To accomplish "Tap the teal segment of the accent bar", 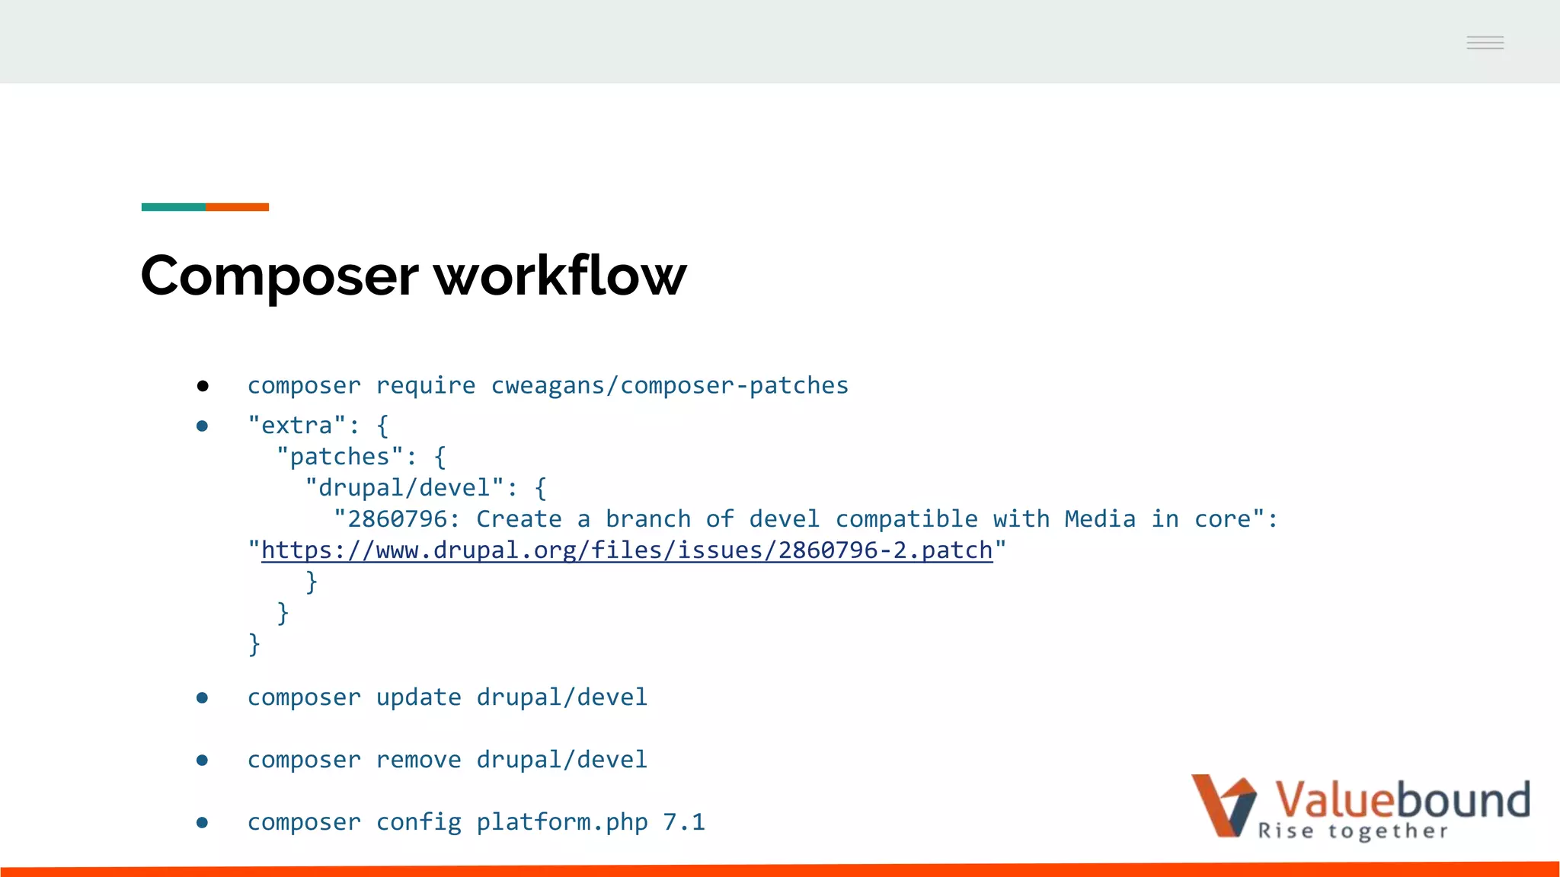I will [174, 207].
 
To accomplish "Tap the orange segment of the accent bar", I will [237, 207].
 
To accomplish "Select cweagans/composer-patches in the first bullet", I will [670, 386].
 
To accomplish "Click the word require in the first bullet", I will [426, 386].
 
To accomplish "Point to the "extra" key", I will [297, 426].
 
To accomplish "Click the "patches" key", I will [340, 457].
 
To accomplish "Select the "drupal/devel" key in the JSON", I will [404, 488].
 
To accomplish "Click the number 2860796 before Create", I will [397, 519].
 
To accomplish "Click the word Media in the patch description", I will [1099, 519].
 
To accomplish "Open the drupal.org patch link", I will [627, 550].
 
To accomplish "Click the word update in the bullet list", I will [418, 697].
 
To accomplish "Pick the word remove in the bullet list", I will [418, 760].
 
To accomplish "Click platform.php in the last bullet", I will [562, 822].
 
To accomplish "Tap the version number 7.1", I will [683, 822].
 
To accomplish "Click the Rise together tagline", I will [1353, 831].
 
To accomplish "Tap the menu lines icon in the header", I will [1485, 43].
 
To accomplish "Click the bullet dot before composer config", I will [202, 822].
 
